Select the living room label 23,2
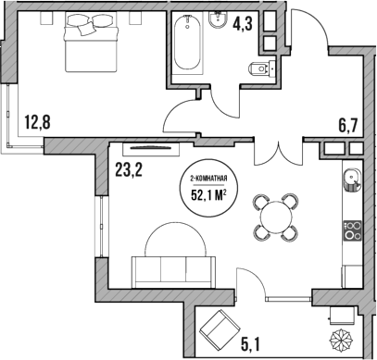point(131,169)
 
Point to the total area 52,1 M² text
point(208,194)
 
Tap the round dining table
point(275,217)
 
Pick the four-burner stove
point(353,230)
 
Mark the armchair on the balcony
point(220,327)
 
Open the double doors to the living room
point(277,148)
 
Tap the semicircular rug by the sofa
point(173,239)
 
